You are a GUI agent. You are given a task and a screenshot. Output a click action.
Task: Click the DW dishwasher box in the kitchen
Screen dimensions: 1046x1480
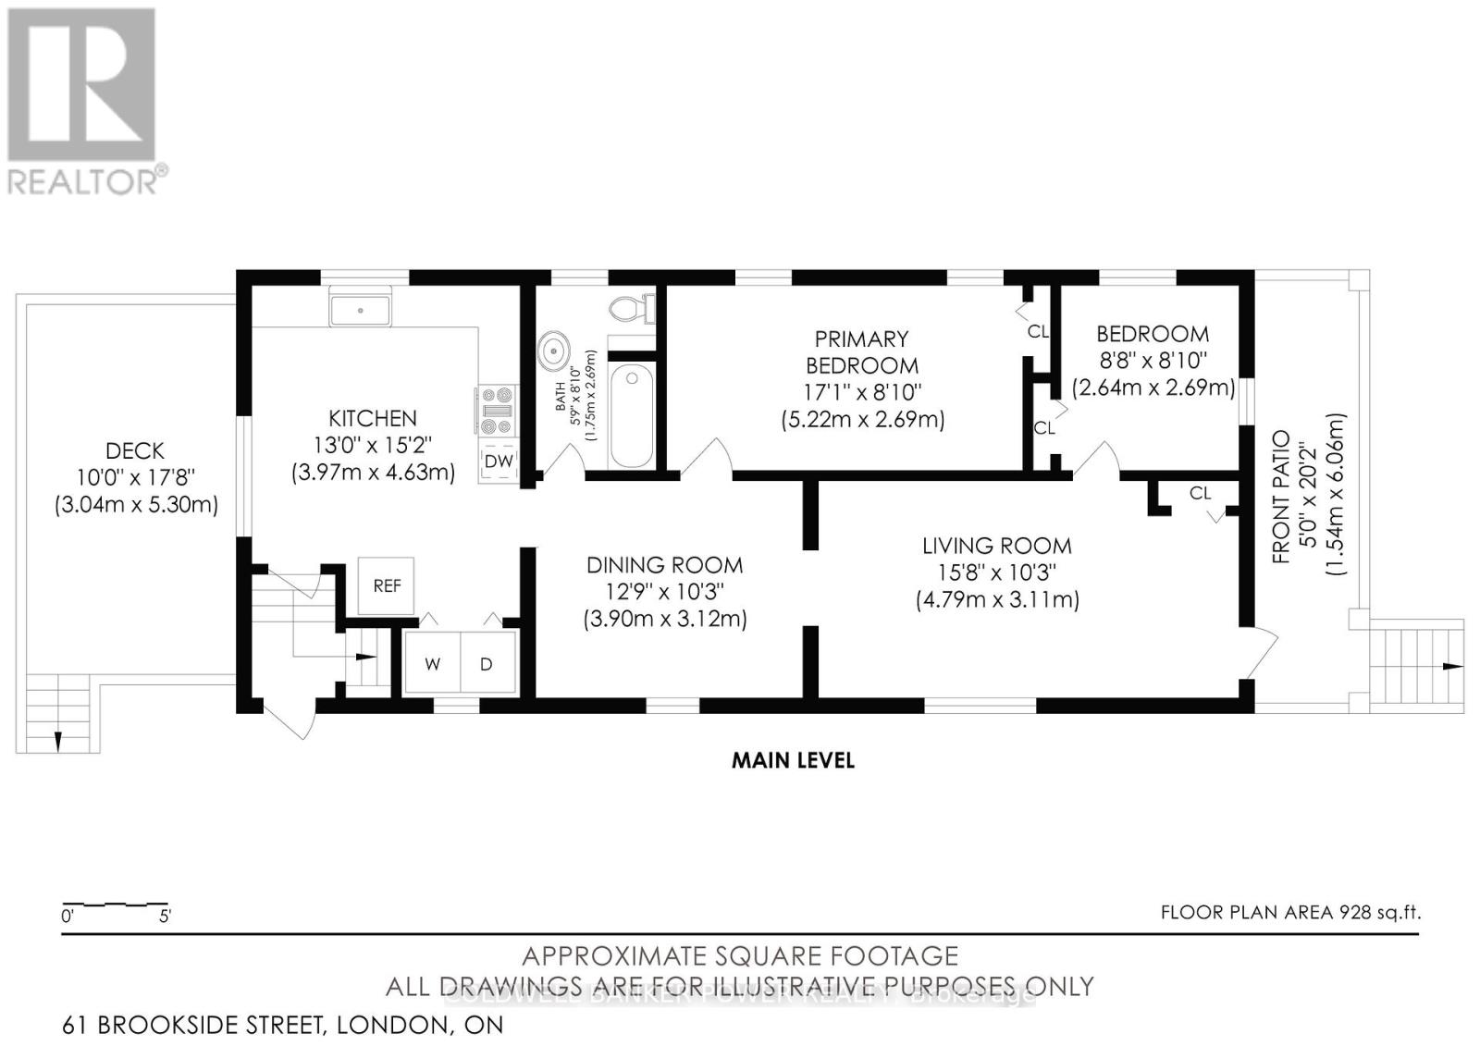[499, 461]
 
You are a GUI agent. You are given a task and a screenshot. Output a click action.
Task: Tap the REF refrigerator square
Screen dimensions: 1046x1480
[387, 585]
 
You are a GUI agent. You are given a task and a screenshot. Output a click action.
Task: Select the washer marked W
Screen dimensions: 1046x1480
[433, 663]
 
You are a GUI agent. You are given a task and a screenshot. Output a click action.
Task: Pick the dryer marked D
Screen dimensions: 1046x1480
[487, 663]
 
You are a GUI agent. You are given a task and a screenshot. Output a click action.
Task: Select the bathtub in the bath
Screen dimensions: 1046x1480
[632, 416]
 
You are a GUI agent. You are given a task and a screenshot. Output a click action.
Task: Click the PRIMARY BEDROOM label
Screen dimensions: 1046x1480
[862, 352]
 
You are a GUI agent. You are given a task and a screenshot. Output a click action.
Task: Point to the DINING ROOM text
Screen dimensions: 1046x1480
[664, 565]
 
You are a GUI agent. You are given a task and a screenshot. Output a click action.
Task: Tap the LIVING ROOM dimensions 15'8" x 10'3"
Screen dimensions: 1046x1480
[997, 572]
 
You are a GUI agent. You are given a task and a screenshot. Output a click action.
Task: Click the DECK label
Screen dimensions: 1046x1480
[135, 451]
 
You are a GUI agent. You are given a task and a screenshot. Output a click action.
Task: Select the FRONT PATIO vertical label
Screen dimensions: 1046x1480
[1281, 496]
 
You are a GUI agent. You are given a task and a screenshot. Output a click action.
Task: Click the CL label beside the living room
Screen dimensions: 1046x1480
[1200, 494]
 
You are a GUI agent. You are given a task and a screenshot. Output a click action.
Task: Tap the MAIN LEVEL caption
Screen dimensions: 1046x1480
[793, 760]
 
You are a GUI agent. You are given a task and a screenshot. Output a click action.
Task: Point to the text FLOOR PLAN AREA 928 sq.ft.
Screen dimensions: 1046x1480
[1290, 913]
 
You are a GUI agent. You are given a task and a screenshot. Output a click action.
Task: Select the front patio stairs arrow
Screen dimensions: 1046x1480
[1449, 666]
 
